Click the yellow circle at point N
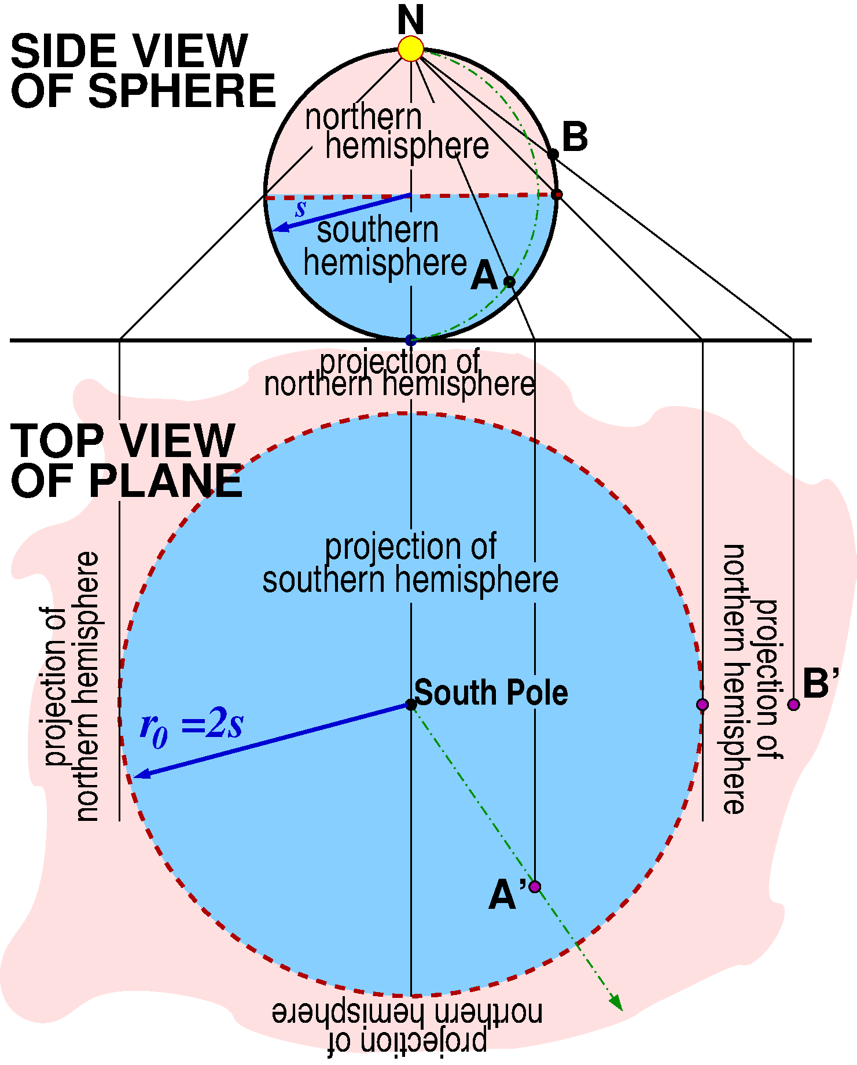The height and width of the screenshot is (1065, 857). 411,49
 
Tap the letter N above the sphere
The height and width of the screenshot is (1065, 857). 411,20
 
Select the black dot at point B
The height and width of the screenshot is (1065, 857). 553,154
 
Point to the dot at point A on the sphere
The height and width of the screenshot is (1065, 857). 509,282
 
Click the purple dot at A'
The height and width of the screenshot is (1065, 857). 535,886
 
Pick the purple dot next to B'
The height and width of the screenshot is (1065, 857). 793,704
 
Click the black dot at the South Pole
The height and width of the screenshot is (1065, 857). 411,704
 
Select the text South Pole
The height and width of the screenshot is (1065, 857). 491,692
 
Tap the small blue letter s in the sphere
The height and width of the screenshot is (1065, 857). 300,208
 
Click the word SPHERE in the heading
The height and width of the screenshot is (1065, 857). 182,91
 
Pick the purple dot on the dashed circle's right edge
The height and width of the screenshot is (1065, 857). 702,704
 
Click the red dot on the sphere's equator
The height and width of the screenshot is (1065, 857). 557,194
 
